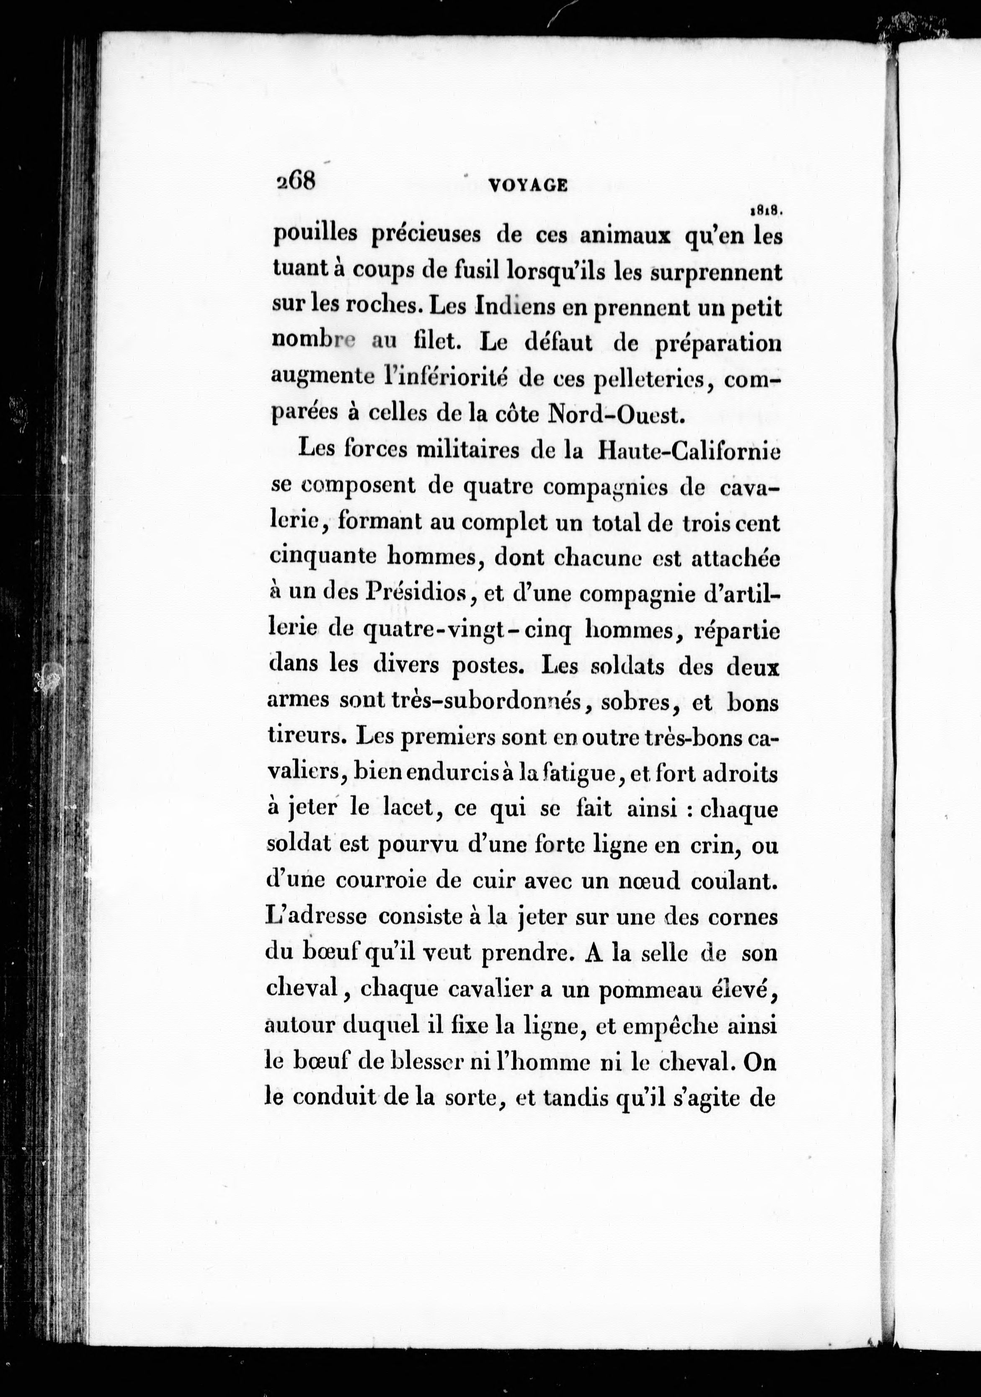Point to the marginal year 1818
(x=766, y=211)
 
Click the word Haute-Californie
(x=689, y=451)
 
